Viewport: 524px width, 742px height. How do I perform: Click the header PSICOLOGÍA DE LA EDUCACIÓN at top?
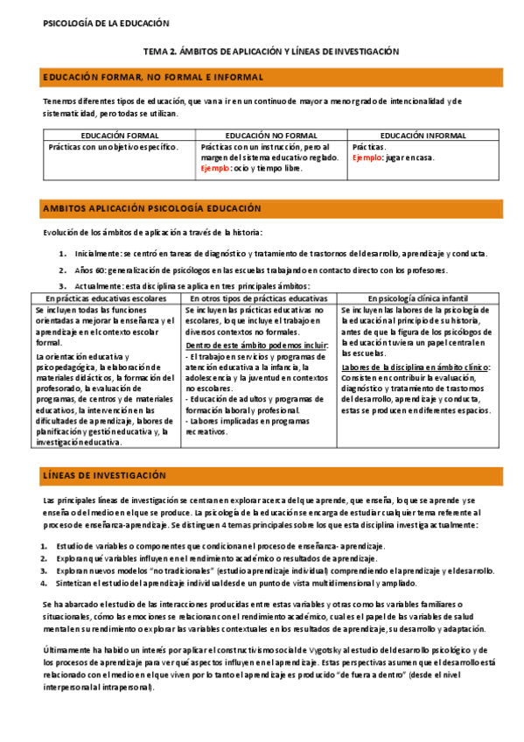click(106, 23)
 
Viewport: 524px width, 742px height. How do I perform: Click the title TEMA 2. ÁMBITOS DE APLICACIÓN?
click(270, 52)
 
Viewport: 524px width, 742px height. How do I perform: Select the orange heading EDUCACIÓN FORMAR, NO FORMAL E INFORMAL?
click(153, 78)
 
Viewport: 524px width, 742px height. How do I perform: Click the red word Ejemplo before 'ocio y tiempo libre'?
click(215, 168)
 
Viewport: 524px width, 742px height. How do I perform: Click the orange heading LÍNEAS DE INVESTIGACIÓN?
click(104, 475)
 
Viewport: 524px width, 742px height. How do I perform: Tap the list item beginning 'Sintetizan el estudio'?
click(254, 583)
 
